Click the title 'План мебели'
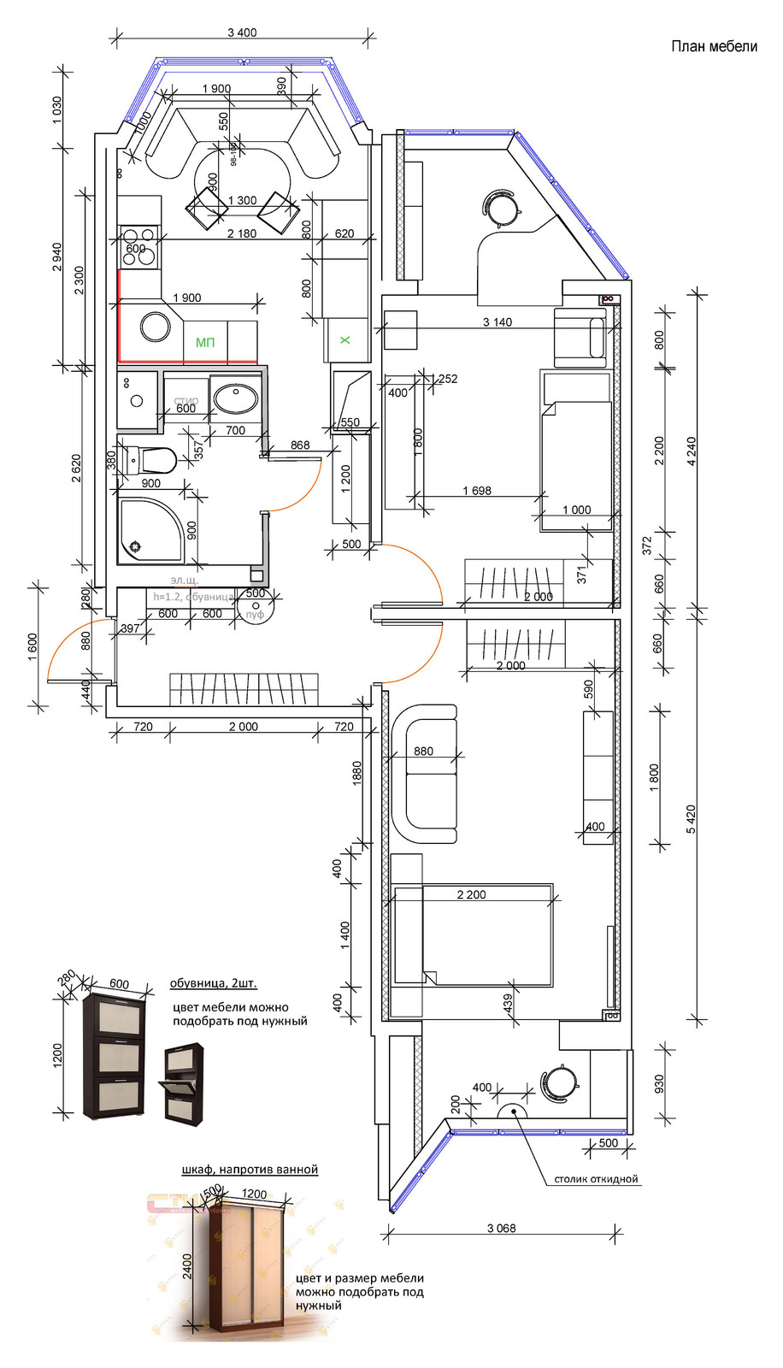[714, 46]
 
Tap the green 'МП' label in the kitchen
[205, 343]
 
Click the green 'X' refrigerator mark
[345, 340]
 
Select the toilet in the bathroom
[149, 460]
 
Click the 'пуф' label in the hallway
[255, 615]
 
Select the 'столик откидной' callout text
[596, 1179]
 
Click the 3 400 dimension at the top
[242, 32]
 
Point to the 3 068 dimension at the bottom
[502, 1229]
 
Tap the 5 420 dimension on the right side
[692, 820]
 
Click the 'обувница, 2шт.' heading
[213, 983]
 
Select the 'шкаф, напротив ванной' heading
[250, 1169]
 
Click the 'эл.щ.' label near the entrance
[184, 581]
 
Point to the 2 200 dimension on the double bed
[471, 894]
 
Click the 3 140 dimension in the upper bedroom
[497, 322]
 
